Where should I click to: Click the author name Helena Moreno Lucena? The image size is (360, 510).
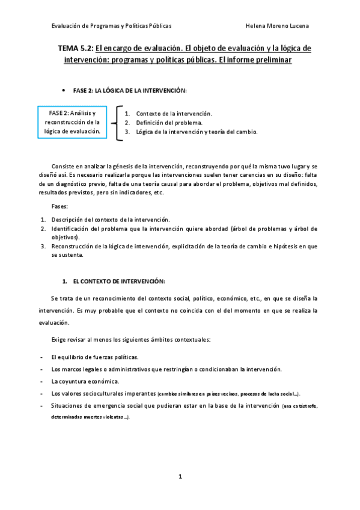(278, 26)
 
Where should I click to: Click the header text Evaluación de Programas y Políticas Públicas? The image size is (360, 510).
(112, 26)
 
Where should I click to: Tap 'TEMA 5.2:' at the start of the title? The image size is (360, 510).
(75, 48)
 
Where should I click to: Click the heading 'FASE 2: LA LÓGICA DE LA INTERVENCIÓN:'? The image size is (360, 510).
(130, 90)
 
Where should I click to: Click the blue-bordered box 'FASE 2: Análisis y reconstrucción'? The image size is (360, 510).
(72, 122)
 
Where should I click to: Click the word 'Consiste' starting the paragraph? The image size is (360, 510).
(64, 165)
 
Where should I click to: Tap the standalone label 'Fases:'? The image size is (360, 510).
(59, 206)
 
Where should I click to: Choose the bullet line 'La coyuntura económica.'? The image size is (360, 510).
(85, 381)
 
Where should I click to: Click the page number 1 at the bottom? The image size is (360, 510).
(180, 476)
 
